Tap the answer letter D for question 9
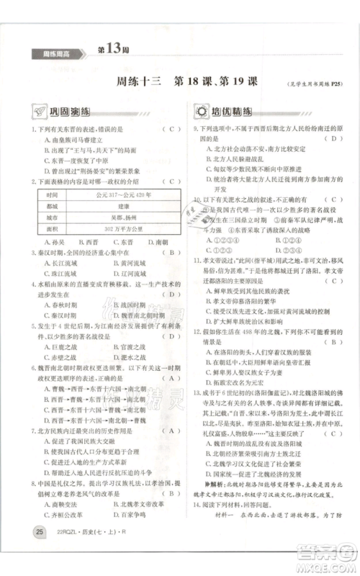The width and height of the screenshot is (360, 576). coord(333,138)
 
